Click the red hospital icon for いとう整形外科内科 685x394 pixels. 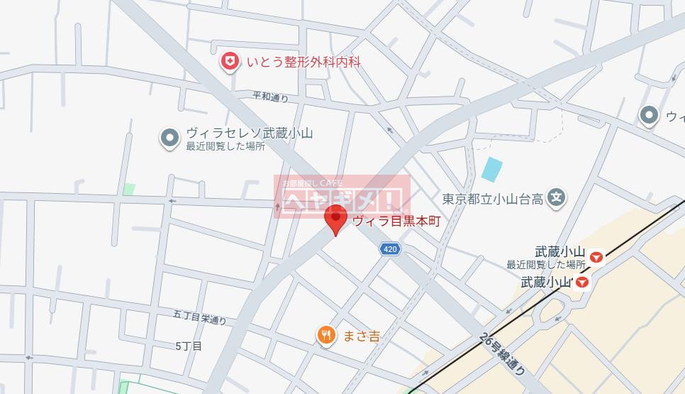230,62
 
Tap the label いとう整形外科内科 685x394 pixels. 304,62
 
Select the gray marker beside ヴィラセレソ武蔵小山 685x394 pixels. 169,138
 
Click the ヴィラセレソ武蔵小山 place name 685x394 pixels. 249,133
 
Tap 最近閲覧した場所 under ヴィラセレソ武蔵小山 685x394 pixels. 225,147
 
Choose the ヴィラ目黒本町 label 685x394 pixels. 396,221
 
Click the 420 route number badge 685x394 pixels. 390,249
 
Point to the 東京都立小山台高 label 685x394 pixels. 492,199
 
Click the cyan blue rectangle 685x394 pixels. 491,169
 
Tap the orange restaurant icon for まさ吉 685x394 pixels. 326,335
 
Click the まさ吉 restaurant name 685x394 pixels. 361,336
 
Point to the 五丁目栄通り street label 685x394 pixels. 199,317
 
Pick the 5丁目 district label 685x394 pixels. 189,346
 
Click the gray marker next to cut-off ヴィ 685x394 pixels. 648,115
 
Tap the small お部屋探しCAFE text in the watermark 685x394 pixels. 312,182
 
